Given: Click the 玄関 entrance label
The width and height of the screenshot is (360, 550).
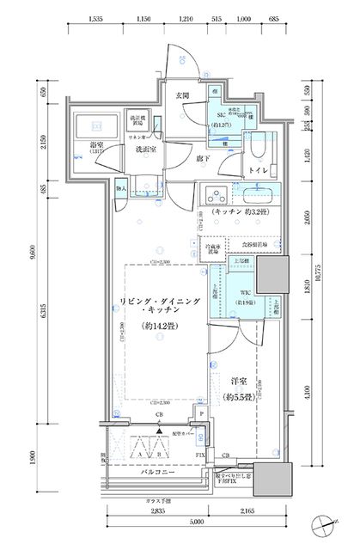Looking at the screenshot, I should coord(183,96).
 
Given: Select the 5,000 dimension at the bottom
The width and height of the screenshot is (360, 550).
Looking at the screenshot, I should coord(198,521).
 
